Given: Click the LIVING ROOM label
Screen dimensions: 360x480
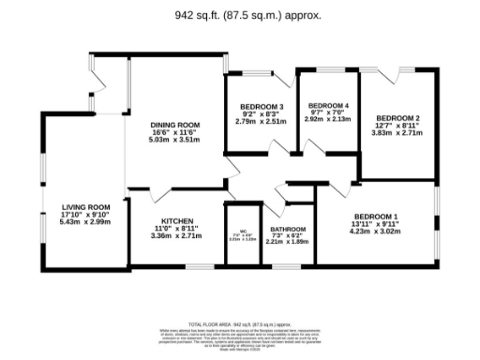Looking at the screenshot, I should tap(85, 206).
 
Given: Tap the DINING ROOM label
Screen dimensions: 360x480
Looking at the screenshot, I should tap(176, 125).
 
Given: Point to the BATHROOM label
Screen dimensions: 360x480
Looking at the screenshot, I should tap(288, 229).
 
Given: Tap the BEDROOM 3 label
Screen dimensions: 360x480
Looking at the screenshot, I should tap(261, 107).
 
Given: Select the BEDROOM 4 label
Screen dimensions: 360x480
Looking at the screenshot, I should tap(328, 105).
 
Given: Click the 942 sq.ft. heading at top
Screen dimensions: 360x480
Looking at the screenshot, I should tap(239, 15).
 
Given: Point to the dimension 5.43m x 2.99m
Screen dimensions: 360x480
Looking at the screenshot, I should tap(85, 221).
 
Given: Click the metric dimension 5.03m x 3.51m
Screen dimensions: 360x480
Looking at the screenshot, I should tap(176, 140).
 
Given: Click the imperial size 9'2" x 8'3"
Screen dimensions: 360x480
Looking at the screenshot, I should tap(261, 114).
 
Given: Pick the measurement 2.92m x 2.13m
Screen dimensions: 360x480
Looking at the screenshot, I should tap(328, 119).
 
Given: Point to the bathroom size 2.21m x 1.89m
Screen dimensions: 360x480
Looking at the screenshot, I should tap(288, 243).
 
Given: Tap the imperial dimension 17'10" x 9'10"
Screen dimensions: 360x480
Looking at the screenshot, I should tap(85, 214).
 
